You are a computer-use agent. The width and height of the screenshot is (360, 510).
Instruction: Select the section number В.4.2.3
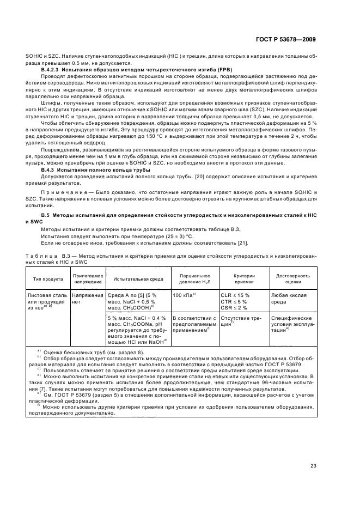[54, 71]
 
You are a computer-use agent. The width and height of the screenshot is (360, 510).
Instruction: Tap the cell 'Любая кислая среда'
[289, 298]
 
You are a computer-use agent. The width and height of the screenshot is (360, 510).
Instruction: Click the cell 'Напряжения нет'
[87, 298]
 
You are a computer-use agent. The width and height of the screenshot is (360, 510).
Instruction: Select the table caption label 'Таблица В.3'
[46, 255]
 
